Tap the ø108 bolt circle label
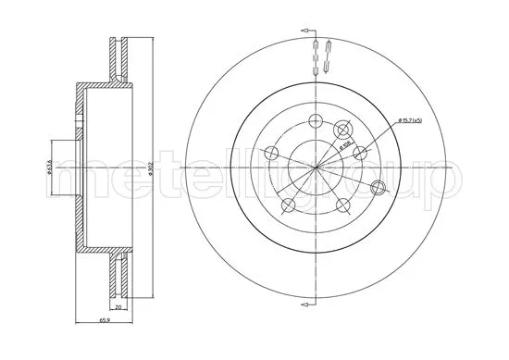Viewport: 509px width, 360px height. [343, 146]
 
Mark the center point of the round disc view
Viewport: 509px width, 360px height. [317, 168]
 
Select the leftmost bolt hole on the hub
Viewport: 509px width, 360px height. [270, 154]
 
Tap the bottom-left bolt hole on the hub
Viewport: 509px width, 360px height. [289, 205]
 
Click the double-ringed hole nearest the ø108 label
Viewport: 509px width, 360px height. [344, 130]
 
